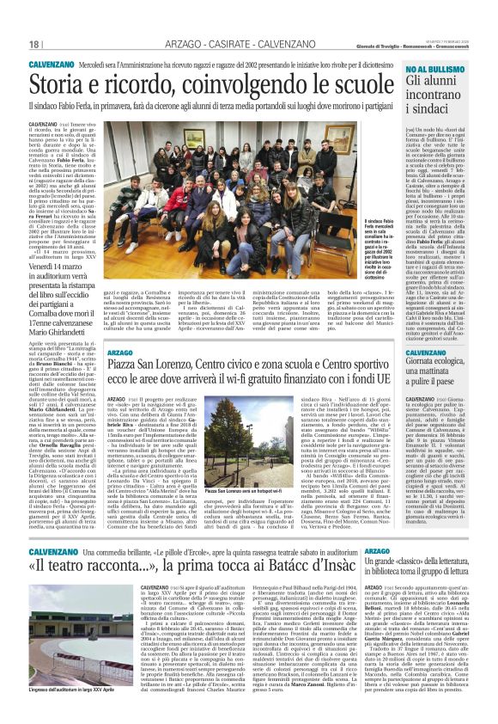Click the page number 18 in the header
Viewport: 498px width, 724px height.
(x=34, y=44)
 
